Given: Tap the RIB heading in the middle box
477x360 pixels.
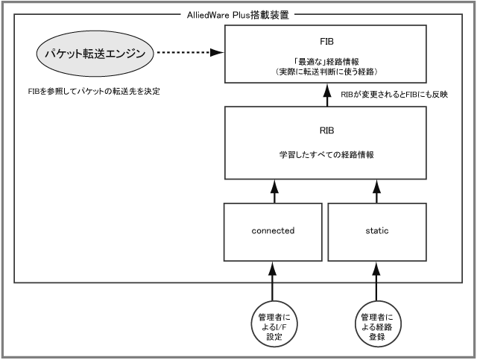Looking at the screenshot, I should (326, 128).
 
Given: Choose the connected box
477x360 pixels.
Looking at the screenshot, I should (274, 231).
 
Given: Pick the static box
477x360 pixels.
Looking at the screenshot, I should (378, 231).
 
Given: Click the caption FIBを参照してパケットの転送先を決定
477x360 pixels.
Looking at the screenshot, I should (92, 92).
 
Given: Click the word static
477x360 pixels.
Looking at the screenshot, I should (378, 231).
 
